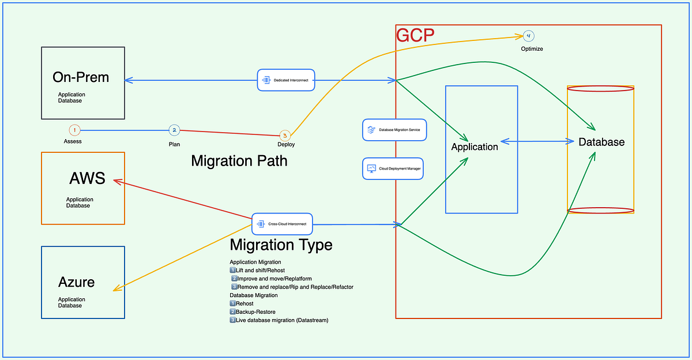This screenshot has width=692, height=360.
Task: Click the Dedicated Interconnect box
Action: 286,80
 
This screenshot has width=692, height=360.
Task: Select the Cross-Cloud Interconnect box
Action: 283,223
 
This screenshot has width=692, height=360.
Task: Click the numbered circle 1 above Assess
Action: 74,130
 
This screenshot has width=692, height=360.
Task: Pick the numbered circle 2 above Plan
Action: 174,130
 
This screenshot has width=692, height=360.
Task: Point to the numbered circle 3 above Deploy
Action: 284,136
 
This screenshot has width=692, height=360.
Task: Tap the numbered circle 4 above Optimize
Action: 528,36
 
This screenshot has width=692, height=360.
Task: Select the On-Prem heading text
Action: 81,77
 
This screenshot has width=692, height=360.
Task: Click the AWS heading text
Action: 87,178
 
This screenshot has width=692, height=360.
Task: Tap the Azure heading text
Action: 76,282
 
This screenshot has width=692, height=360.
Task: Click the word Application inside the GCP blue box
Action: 475,147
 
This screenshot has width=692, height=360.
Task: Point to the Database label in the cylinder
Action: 601,142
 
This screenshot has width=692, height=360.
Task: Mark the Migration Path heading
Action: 239,161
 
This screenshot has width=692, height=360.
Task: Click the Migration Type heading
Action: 281,245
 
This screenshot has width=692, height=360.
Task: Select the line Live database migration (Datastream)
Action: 281,320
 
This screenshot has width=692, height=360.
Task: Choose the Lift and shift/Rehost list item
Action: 259,270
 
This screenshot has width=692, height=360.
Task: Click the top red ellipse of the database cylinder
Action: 600,89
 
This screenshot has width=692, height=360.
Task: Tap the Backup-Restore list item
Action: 256,312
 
